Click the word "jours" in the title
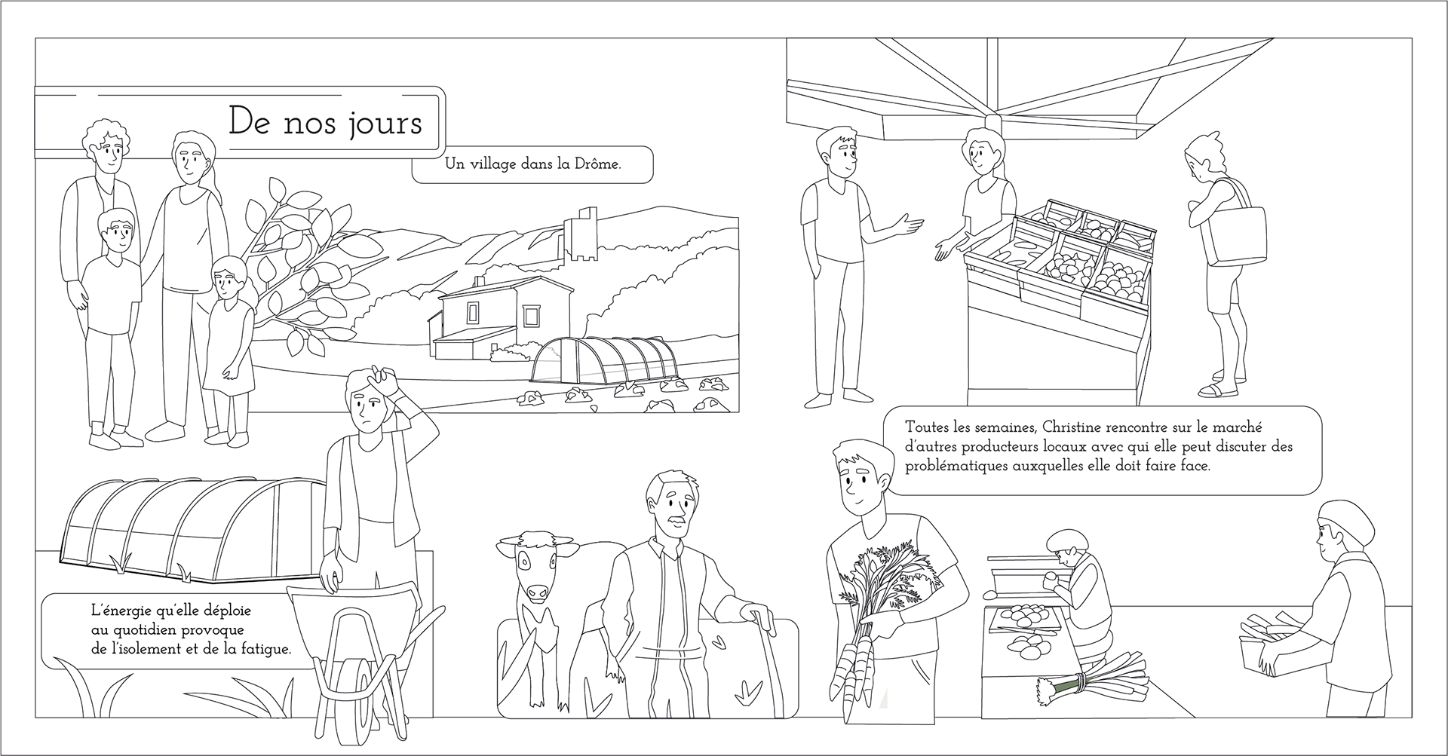[385, 123]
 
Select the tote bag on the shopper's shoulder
[1236, 234]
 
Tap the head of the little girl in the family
[227, 276]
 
